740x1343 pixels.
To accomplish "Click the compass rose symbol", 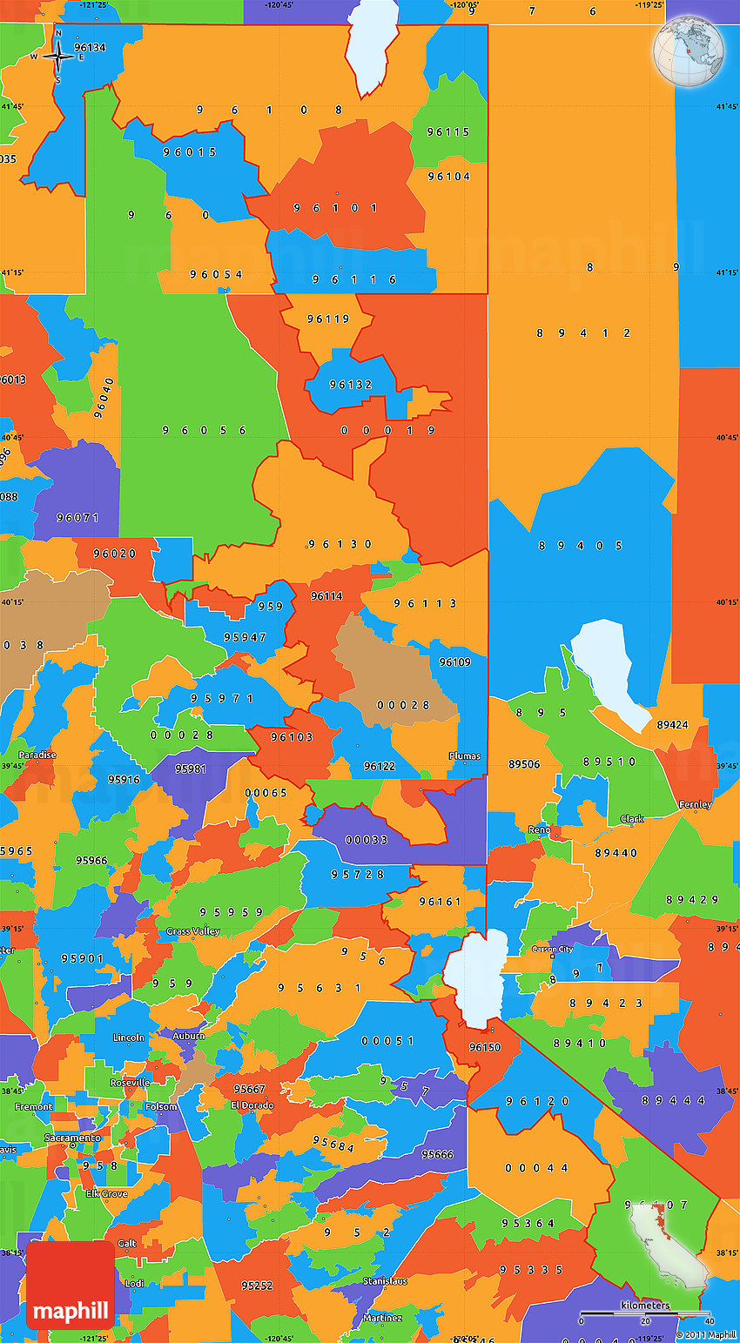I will click(x=58, y=57).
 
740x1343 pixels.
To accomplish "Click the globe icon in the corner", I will click(x=690, y=49).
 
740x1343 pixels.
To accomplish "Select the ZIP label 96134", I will click(x=90, y=48).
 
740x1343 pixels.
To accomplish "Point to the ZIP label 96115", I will click(x=448, y=132).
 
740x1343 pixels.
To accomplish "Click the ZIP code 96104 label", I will click(x=448, y=177).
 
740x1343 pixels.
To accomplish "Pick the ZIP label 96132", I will click(x=351, y=385).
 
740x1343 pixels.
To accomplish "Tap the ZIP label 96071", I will click(x=77, y=518).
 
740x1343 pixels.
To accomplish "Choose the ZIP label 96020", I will click(x=114, y=554).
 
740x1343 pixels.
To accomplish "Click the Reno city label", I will click(x=539, y=830).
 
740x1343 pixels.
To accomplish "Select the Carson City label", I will click(x=553, y=950).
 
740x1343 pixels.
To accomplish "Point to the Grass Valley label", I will click(x=193, y=931).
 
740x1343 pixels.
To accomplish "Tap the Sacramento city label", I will click(x=73, y=1138).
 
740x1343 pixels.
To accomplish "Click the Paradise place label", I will click(x=37, y=755).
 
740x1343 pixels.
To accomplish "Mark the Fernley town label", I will click(x=695, y=805).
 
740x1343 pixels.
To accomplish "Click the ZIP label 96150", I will click(x=485, y=1047).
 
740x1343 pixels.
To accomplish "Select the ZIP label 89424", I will click(x=672, y=724).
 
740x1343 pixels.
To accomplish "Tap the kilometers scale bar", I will click(x=645, y=1313).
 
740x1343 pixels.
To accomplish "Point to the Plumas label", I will click(x=464, y=756).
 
